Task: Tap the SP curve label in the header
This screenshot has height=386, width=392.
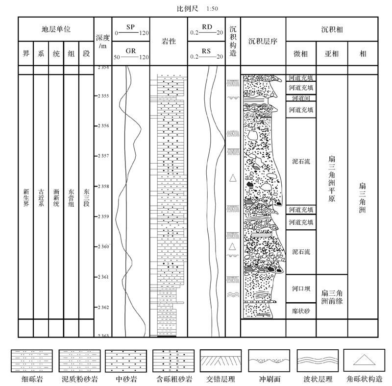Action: click(131, 25)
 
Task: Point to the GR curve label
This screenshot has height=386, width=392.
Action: click(131, 50)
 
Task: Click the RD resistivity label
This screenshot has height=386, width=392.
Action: click(206, 25)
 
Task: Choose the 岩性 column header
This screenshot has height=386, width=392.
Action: click(169, 42)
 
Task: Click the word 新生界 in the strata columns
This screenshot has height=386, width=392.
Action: click(26, 197)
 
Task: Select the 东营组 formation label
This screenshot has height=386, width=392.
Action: click(72, 197)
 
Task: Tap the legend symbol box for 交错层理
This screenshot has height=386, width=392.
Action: click(218, 362)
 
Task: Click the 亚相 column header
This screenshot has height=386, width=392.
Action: click(332, 54)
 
